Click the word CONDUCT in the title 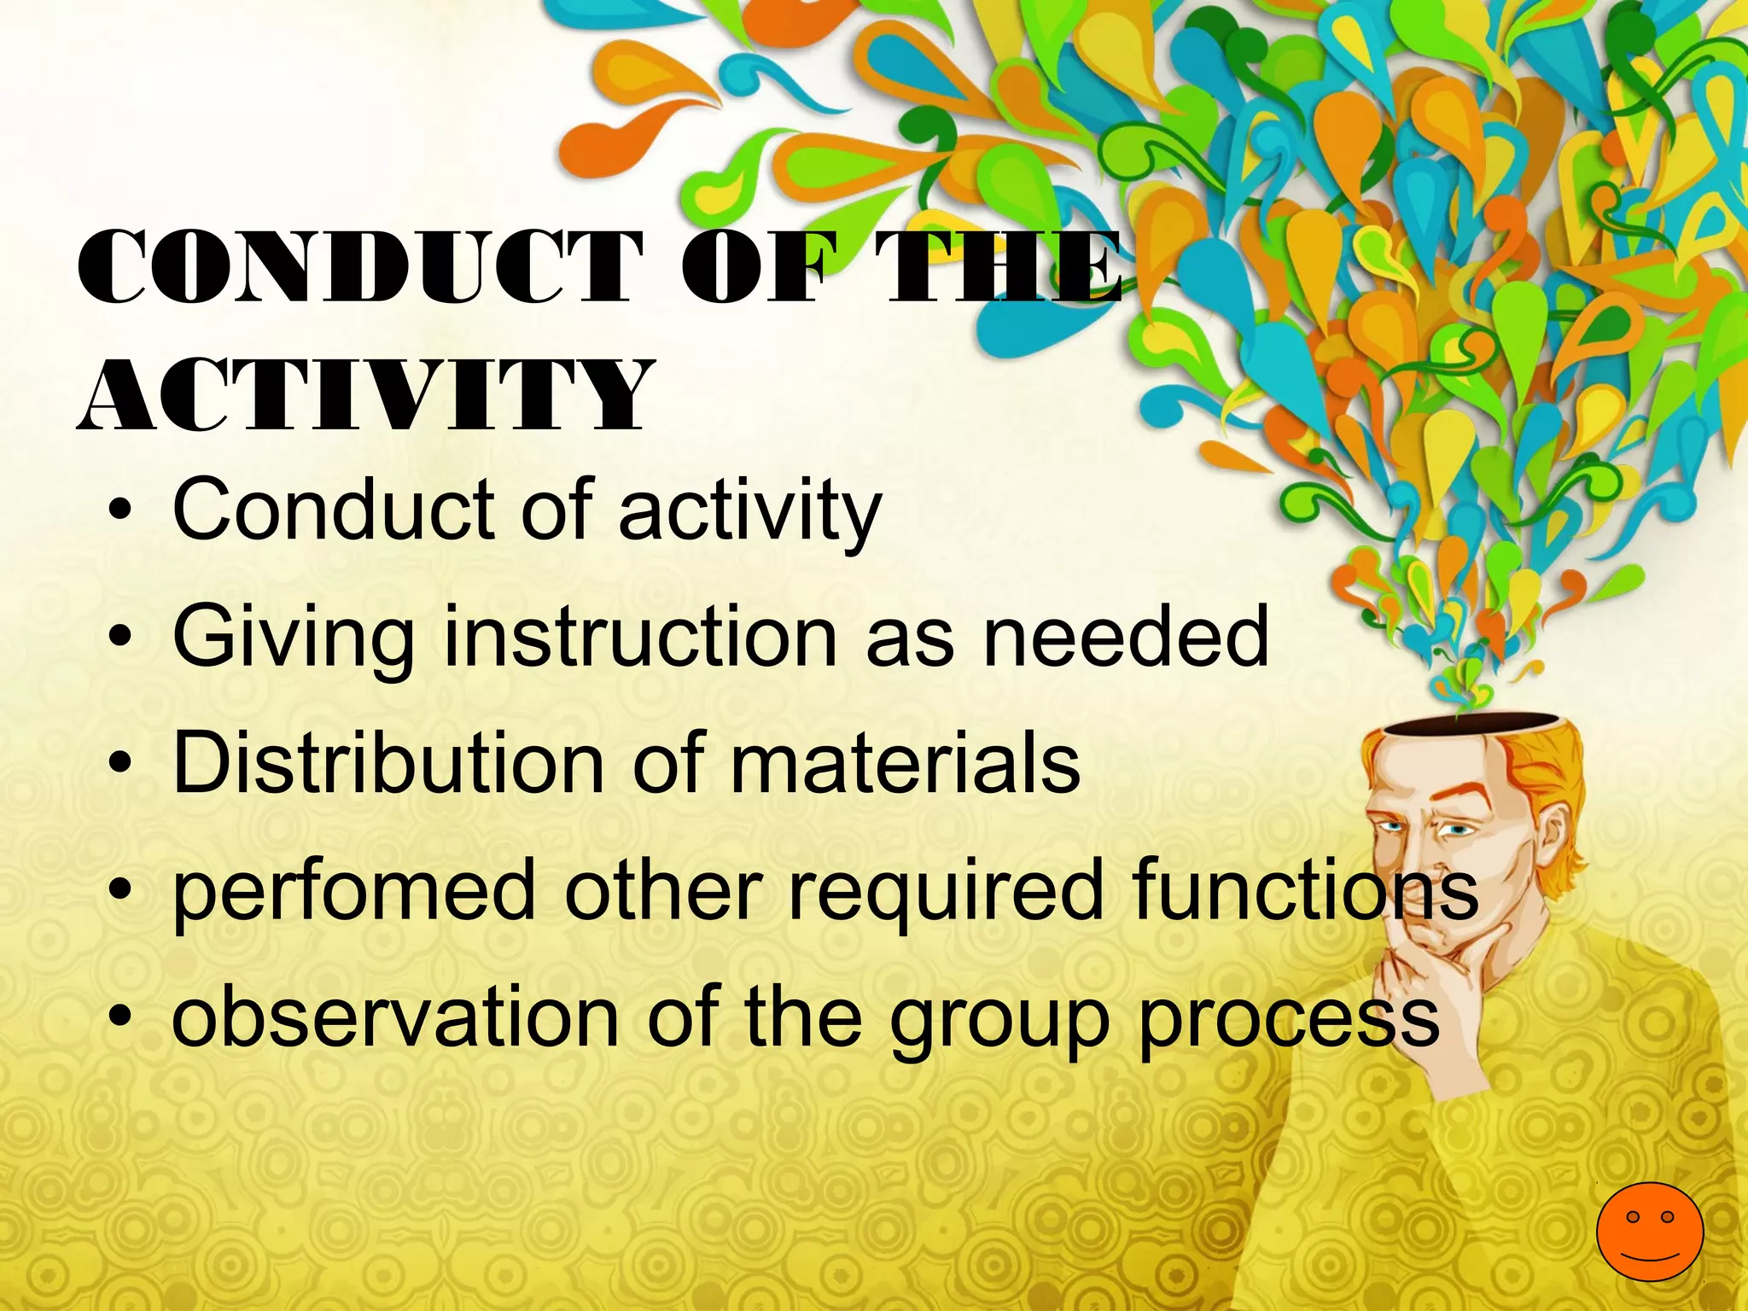[x=358, y=267]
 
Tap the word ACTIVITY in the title [x=365, y=395]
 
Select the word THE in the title [x=999, y=267]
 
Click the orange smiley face [x=1649, y=1231]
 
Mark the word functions [x=1305, y=889]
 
